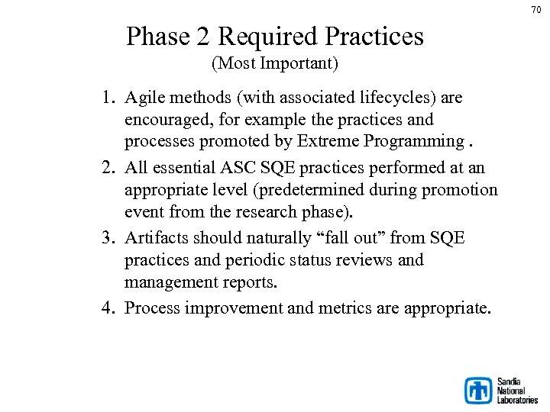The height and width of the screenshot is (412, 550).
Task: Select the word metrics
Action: [x=350, y=308]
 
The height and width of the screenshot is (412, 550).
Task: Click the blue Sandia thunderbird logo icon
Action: [x=479, y=390]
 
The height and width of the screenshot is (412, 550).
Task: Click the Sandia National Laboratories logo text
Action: [x=517, y=390]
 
